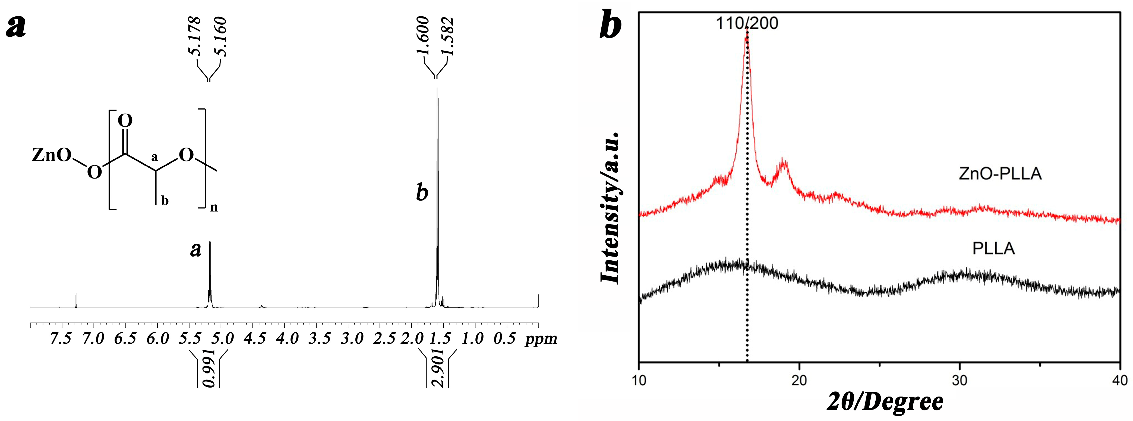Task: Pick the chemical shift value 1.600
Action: (x=423, y=36)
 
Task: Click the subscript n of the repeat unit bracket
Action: (x=214, y=207)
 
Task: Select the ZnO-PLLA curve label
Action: (x=1000, y=174)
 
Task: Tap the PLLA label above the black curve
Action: (x=993, y=249)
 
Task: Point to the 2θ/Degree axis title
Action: (x=885, y=402)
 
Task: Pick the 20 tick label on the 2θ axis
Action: (x=799, y=380)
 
